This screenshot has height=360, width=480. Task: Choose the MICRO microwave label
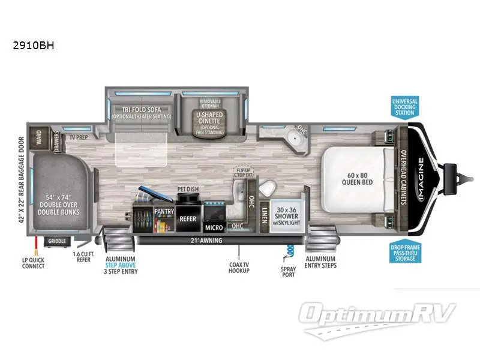(x=214, y=227)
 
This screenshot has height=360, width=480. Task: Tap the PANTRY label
(x=164, y=212)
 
